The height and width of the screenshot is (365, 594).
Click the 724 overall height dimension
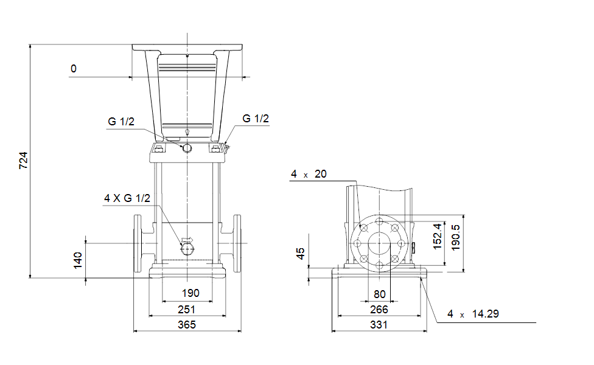24,161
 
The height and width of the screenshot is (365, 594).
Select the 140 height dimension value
78,260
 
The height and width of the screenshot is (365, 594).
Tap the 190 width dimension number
190,293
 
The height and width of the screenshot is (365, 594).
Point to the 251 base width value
187,310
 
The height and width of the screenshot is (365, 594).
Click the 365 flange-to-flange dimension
187,324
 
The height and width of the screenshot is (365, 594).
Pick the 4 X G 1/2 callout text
127,198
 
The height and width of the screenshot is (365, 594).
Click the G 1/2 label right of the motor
256,119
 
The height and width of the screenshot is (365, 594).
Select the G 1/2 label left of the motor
121,122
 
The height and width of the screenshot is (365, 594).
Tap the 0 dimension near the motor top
74,69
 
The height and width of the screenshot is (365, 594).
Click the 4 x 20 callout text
309,174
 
